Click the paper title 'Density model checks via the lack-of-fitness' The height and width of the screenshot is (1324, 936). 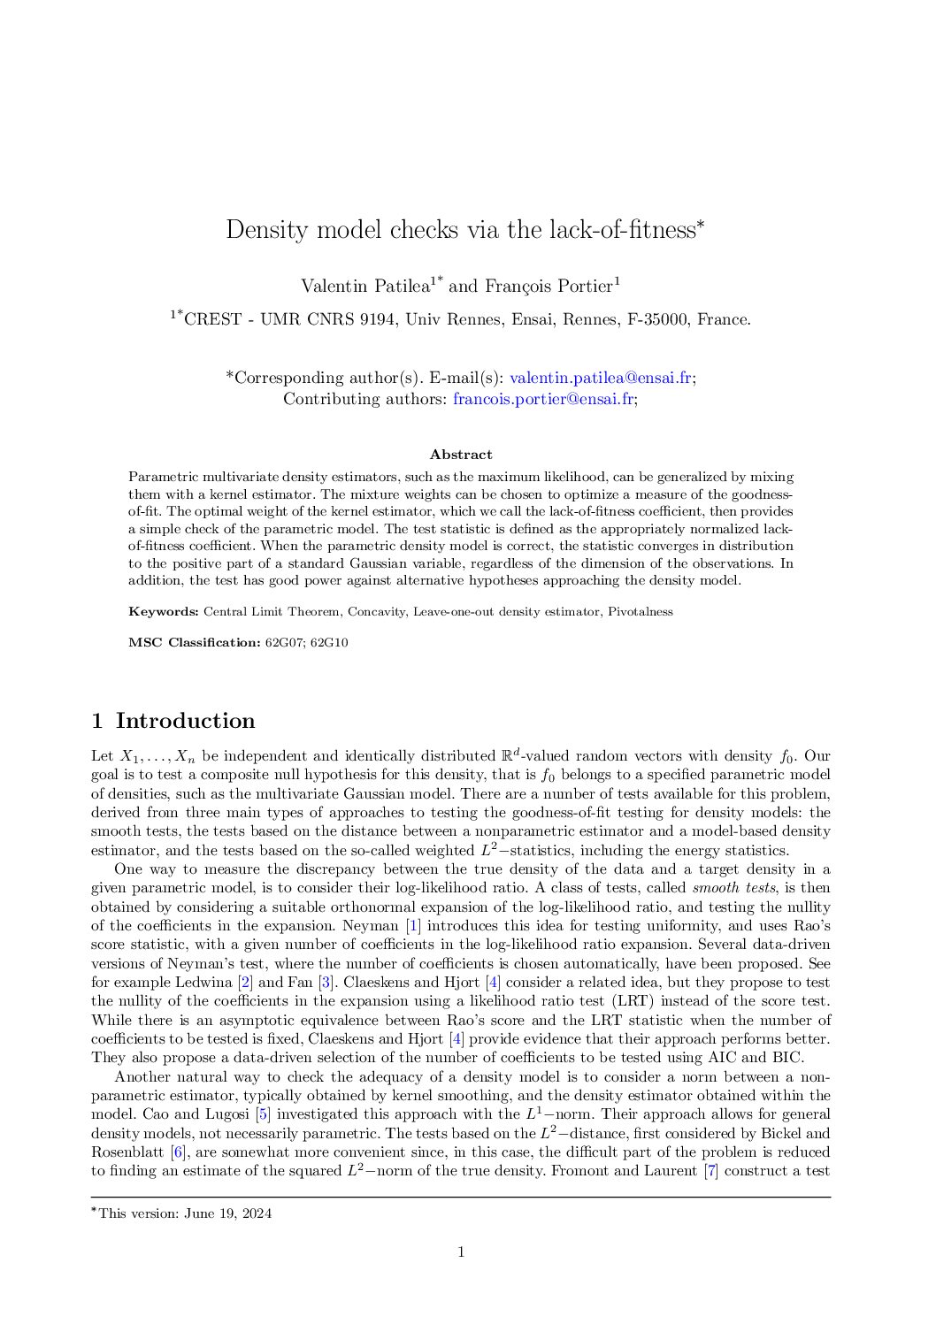[460, 230]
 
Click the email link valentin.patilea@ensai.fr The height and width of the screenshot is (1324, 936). [601, 378]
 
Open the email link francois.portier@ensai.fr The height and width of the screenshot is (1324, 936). [543, 399]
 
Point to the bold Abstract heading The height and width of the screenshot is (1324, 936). [461, 455]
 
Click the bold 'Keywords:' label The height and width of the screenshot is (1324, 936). [164, 611]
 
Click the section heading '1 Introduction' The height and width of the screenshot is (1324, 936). [173, 721]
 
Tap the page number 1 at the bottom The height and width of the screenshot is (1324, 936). [461, 1251]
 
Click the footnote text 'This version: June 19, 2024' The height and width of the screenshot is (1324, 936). [185, 1213]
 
